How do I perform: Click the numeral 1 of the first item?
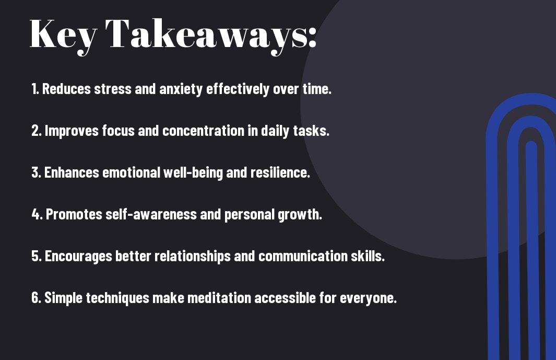(34, 89)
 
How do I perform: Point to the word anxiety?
(181, 89)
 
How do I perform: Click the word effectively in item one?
(238, 89)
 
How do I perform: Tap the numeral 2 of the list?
(36, 131)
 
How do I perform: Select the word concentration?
(204, 131)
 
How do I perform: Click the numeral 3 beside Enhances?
(36, 172)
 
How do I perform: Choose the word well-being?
(193, 173)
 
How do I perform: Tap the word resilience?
(279, 172)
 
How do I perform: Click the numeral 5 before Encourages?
(36, 256)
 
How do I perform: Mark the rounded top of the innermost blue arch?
(531, 143)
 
